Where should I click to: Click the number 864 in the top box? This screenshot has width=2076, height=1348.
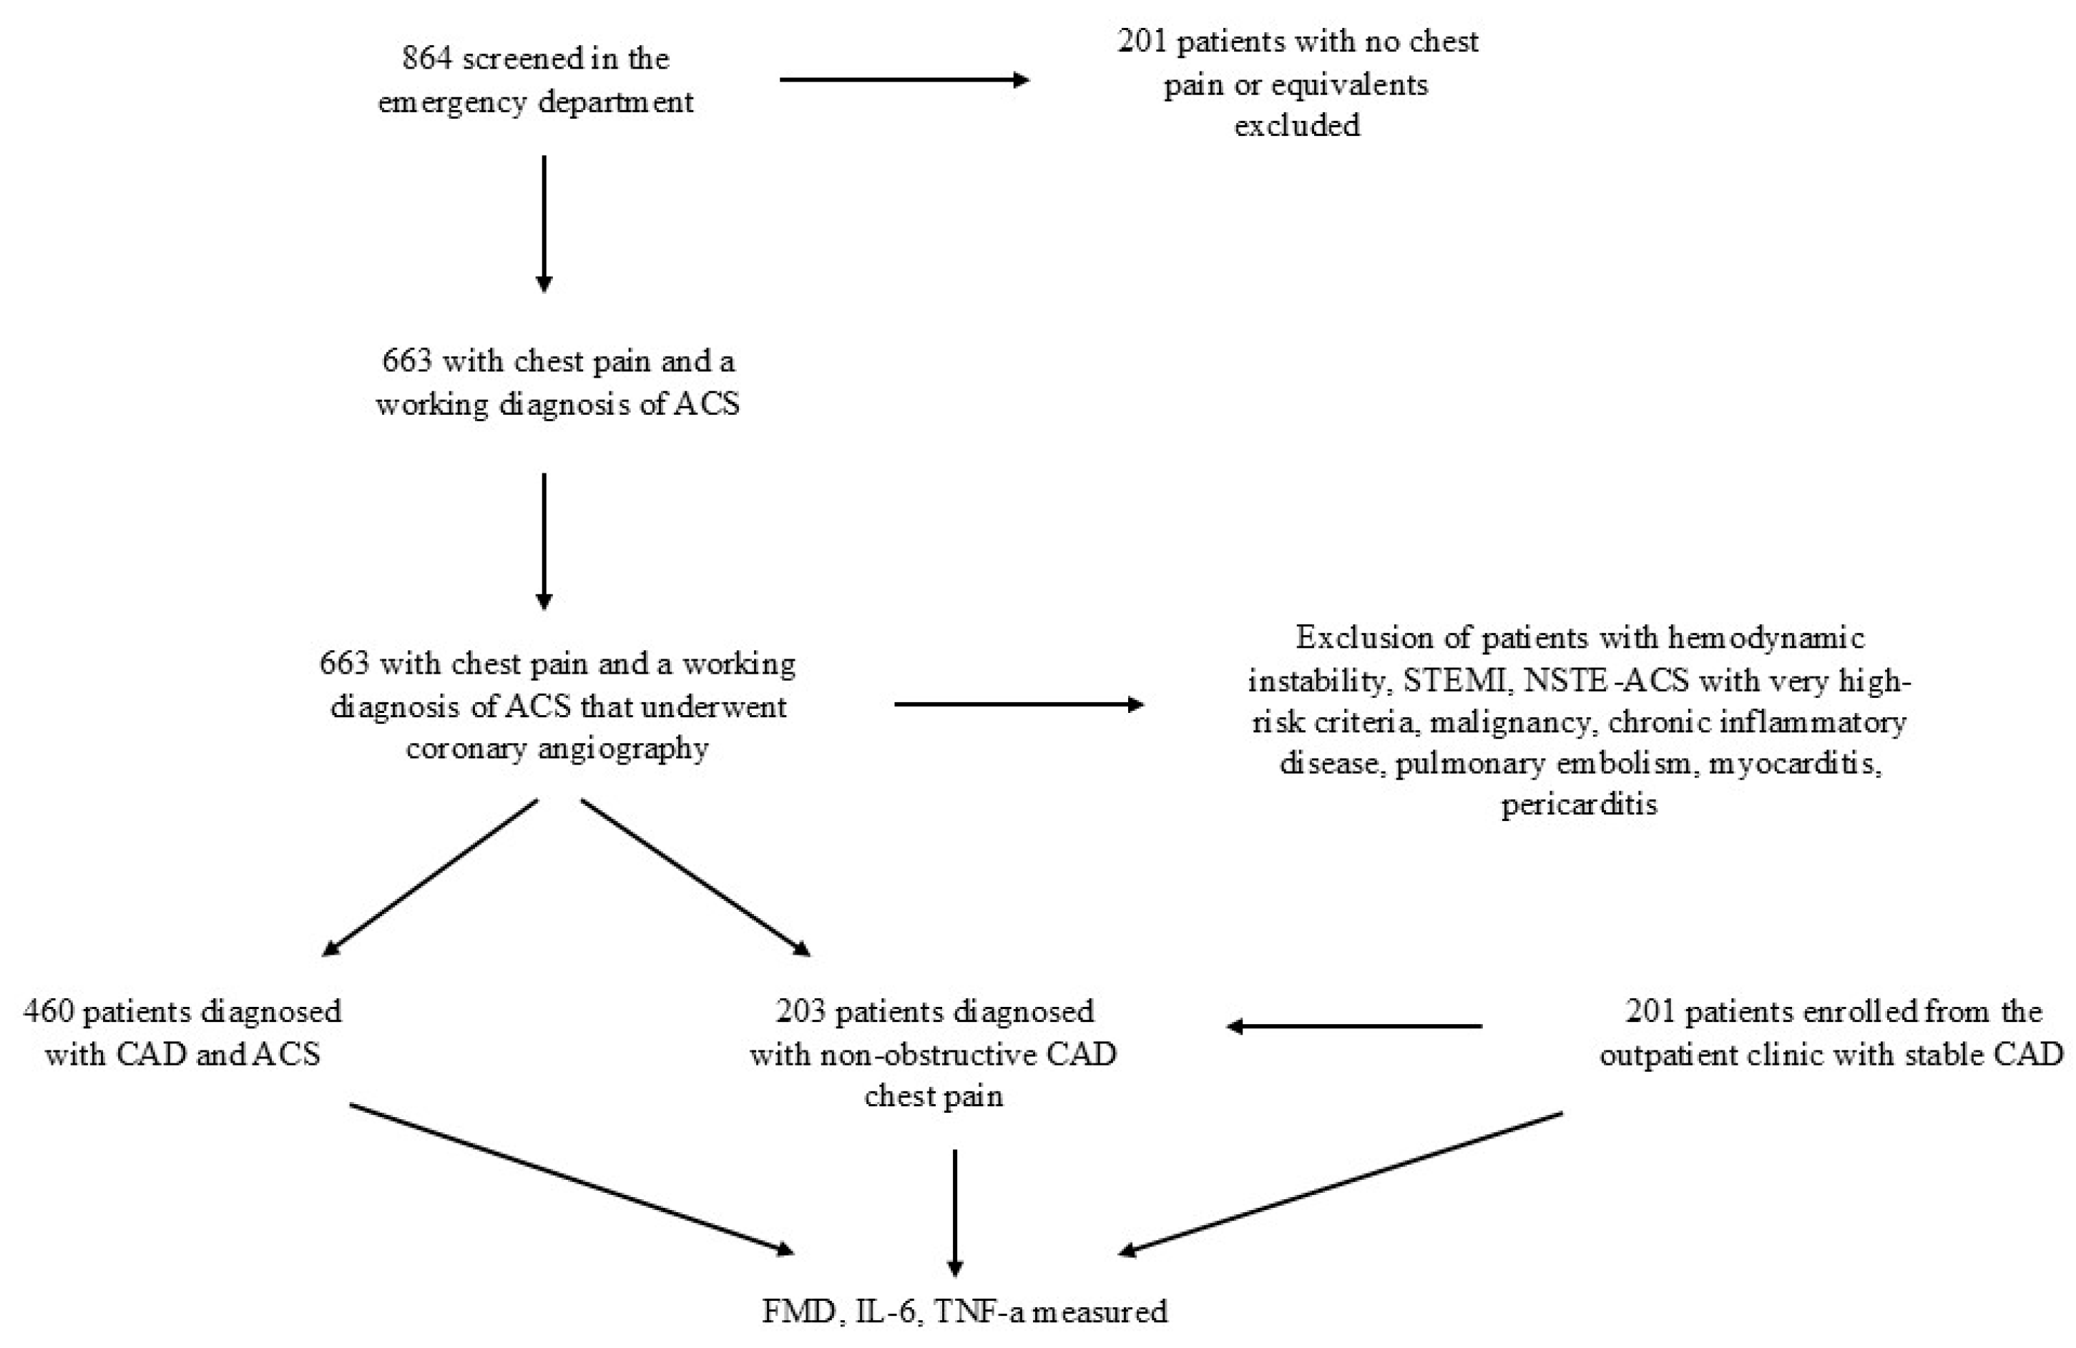427,59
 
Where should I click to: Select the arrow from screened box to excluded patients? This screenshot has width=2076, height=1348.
904,80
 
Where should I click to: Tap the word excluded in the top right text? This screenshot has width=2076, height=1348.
1296,126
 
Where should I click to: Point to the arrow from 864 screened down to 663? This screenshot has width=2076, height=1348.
544,223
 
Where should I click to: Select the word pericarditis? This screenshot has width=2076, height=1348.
1578,804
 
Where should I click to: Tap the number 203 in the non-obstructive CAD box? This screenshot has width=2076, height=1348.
800,1011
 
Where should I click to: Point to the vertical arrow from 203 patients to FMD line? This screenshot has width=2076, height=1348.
955,1212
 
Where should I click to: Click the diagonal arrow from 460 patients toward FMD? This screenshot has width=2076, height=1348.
572,1178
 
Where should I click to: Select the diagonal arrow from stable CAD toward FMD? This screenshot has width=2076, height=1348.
1340,1184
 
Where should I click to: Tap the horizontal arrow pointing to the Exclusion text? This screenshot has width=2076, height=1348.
1018,704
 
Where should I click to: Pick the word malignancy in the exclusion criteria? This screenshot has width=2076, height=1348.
1510,722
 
